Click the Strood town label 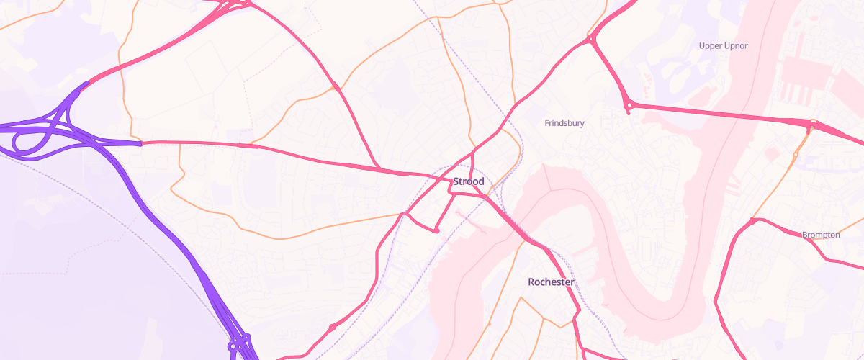pyautogui.click(x=469, y=181)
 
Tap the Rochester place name pyautogui.click(x=551, y=282)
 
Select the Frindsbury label pyautogui.click(x=564, y=123)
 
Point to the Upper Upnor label pyautogui.click(x=724, y=46)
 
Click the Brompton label pyautogui.click(x=821, y=235)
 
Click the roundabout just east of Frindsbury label pyautogui.click(x=629, y=106)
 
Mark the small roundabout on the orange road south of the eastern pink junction pyautogui.click(x=796, y=155)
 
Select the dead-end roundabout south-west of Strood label pyautogui.click(x=436, y=230)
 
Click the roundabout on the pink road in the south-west pyautogui.click(x=332, y=328)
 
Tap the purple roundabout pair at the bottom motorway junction pyautogui.click(x=238, y=341)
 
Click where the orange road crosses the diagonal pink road pyautogui.click(x=336, y=87)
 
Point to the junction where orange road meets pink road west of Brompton pyautogui.click(x=752, y=220)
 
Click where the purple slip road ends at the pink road pyautogui.click(x=141, y=143)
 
